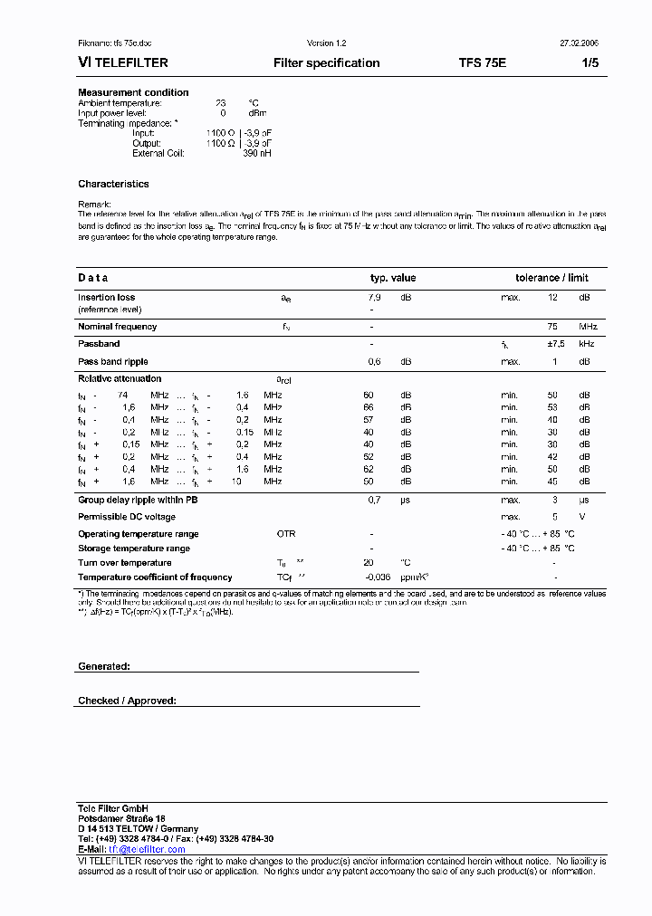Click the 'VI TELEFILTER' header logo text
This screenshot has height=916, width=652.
pos(123,63)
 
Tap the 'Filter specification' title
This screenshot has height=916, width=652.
pos(327,63)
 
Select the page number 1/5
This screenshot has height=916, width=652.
pos(589,63)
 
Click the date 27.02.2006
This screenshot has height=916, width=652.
pos(580,43)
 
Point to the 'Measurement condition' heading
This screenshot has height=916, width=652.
pos(133,92)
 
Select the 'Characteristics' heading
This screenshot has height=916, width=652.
pos(113,184)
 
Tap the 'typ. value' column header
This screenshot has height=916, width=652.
pos(392,278)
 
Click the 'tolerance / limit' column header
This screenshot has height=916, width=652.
pos(551,278)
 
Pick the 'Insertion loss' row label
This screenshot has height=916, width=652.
pos(106,297)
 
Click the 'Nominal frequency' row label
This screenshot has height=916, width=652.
pos(117,326)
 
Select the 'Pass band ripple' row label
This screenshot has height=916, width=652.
pos(112,361)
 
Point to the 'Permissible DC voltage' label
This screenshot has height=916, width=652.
pos(126,517)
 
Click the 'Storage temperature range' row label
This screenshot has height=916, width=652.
pos(133,549)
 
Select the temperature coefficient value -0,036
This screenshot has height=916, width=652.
pos(378,577)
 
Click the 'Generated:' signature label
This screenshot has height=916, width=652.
pos(104,666)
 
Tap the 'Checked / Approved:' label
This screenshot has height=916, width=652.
pos(127,701)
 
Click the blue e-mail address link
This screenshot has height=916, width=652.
pos(147,849)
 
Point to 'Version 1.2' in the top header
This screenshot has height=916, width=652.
pos(327,43)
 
